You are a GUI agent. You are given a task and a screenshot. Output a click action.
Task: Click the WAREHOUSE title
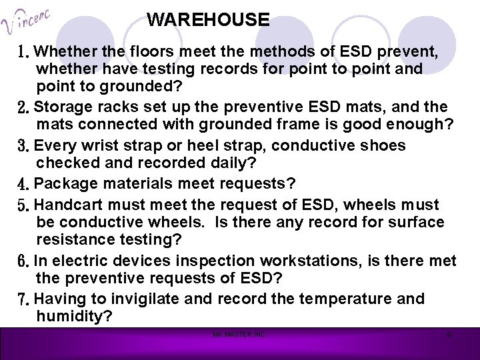click(208, 19)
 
